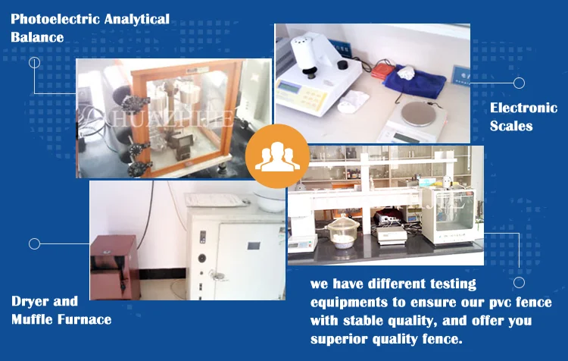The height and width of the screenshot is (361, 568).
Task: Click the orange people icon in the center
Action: pyautogui.click(x=277, y=156)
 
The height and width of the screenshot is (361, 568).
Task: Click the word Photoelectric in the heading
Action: pyautogui.click(x=55, y=19)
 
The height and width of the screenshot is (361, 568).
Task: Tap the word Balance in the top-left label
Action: pyautogui.click(x=37, y=37)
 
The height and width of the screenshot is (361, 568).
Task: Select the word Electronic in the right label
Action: pyautogui.click(x=523, y=108)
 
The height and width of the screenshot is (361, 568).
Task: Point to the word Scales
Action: pyautogui.click(x=511, y=126)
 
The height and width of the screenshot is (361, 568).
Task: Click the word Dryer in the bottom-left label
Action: pyautogui.click(x=29, y=301)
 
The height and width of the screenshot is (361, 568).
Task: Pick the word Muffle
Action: pyautogui.click(x=33, y=319)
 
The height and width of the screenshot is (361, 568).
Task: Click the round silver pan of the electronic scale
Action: pyautogui.click(x=419, y=113)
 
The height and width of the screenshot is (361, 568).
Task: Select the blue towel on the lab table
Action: pyautogui.click(x=415, y=80)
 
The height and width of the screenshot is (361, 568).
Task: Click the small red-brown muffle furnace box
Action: pyautogui.click(x=114, y=268)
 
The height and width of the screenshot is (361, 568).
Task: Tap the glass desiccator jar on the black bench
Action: pyautogui.click(x=342, y=231)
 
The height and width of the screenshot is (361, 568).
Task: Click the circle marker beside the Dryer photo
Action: pyautogui.click(x=34, y=243)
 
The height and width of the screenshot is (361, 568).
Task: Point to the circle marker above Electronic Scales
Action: pyautogui.click(x=519, y=83)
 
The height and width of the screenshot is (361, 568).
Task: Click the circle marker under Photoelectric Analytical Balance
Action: pyautogui.click(x=34, y=63)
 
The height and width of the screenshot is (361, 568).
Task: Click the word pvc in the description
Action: pyautogui.click(x=500, y=303)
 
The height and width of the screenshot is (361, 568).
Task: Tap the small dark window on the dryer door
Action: pyautogui.click(x=254, y=246)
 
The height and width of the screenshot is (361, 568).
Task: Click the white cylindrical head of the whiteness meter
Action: pyautogui.click(x=304, y=52)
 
